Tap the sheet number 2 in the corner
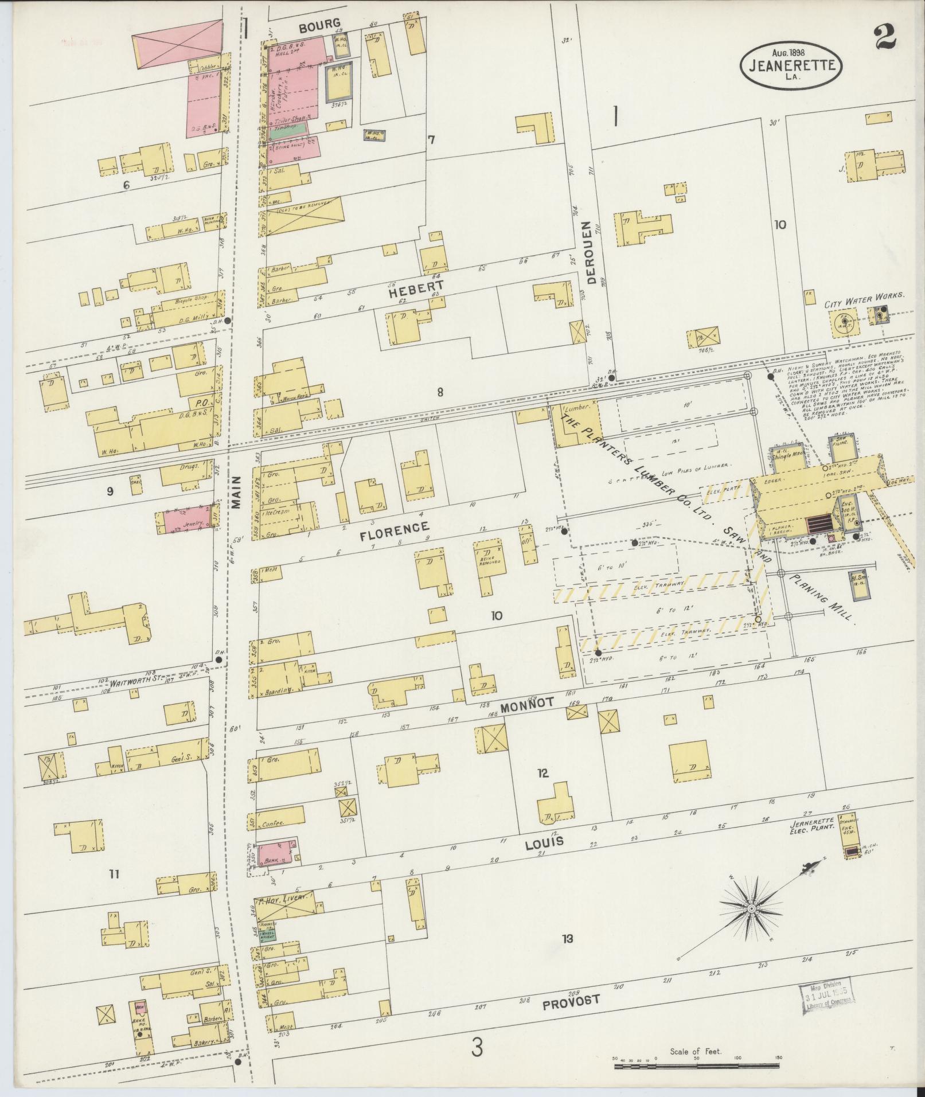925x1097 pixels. point(885,40)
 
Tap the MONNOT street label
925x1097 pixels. point(525,707)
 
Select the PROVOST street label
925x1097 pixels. point(571,1000)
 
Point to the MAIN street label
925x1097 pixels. point(237,491)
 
